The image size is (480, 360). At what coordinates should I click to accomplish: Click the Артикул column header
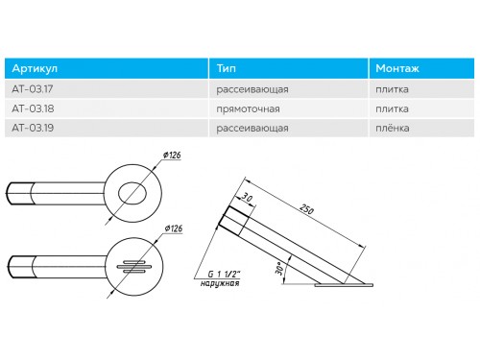click(35, 68)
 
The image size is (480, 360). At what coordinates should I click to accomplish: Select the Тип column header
click(227, 68)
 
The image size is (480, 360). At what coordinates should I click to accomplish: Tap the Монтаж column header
click(397, 68)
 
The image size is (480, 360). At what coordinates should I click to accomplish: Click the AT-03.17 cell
click(33, 89)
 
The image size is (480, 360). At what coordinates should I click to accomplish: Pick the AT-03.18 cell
click(33, 108)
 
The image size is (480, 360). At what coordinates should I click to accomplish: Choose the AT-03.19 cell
click(33, 128)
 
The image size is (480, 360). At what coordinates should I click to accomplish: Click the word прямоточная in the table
click(248, 109)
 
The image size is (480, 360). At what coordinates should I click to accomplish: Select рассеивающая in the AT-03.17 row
click(252, 89)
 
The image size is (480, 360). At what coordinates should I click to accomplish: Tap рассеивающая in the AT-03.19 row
click(252, 129)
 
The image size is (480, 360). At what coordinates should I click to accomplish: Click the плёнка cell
click(393, 128)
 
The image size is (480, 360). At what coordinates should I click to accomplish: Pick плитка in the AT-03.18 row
click(392, 108)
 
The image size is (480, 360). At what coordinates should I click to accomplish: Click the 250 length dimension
click(306, 209)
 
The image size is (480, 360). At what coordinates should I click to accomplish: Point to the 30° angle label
click(279, 269)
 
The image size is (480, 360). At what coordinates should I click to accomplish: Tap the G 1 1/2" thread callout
click(224, 274)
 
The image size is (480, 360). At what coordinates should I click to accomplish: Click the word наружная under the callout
click(220, 283)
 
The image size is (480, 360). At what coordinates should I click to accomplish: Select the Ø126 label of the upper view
click(172, 156)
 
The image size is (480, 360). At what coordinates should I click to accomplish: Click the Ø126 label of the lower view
click(174, 228)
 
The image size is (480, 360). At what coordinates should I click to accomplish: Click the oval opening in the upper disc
click(132, 193)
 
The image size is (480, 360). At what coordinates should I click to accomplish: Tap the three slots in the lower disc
click(134, 267)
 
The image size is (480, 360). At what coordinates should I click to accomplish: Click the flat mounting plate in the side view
click(344, 285)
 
